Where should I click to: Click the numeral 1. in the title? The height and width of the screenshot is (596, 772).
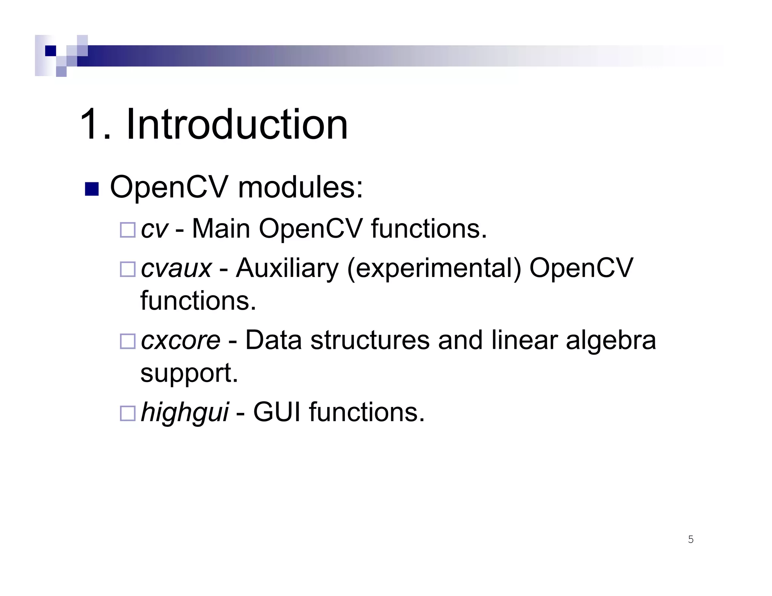95,124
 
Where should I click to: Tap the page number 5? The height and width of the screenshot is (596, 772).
691,539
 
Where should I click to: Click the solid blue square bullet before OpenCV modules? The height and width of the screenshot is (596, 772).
92,189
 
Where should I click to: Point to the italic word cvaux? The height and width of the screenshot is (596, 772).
176,268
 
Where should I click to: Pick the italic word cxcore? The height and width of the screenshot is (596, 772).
181,340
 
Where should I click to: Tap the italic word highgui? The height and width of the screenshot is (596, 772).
184,413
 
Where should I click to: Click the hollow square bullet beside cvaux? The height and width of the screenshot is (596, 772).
127,269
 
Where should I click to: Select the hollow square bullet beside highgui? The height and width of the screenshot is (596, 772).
127,413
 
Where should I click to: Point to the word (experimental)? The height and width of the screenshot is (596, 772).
434,269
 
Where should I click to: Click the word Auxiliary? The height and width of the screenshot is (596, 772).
287,268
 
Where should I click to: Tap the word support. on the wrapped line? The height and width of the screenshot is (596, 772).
189,373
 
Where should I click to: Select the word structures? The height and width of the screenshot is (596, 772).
370,340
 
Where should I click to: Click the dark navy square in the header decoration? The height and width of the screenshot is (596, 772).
51,50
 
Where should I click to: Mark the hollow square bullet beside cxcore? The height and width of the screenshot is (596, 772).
127,341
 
